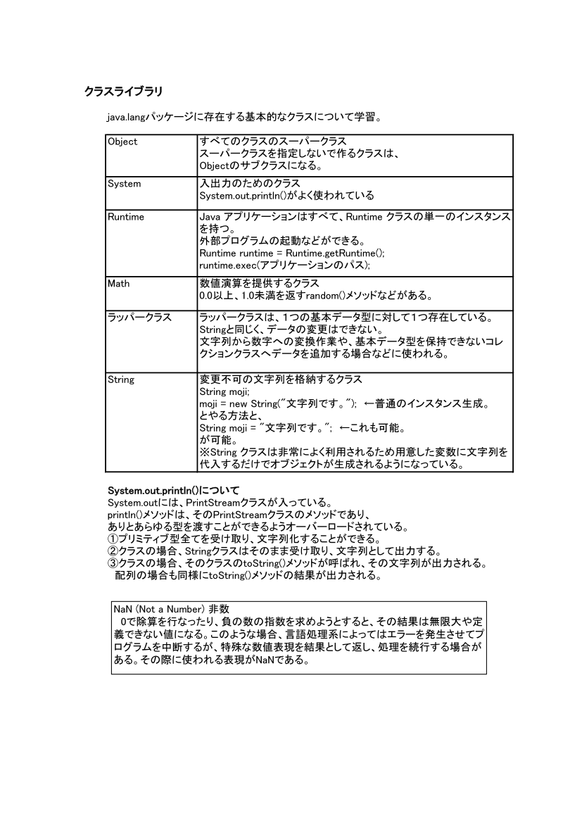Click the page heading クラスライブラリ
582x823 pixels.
point(124,91)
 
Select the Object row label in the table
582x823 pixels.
point(122,142)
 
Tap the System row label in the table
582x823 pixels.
point(125,184)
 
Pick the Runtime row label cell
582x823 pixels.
point(126,217)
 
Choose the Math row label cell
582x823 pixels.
point(119,284)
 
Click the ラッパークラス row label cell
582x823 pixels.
point(139,317)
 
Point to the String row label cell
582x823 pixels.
point(121,379)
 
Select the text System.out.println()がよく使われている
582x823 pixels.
point(286,195)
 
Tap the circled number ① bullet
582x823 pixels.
point(113,539)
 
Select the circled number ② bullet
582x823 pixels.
point(113,551)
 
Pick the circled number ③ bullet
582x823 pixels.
point(113,563)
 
